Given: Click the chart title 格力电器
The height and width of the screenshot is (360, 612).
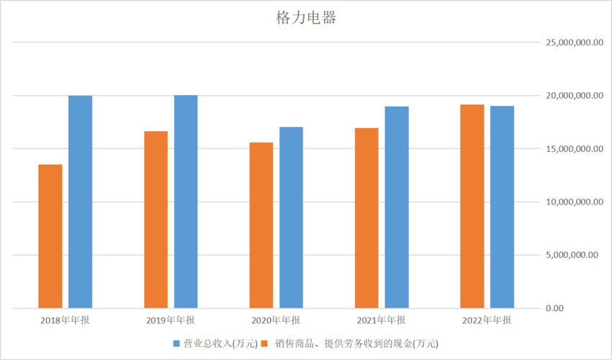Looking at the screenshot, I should pos(306,17).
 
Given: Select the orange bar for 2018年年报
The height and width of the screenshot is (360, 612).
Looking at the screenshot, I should pos(50,236).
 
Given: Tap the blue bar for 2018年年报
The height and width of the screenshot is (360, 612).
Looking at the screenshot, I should pos(80,202).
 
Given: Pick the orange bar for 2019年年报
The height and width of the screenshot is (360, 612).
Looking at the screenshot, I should pos(156,220).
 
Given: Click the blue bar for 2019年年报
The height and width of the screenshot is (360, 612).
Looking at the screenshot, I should pos(186,202).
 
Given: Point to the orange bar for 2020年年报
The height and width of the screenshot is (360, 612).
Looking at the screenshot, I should pos(261,225).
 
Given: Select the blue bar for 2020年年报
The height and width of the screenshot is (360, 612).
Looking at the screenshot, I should pos(291,217).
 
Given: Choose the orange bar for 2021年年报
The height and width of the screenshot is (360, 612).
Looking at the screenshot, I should pos(367,218).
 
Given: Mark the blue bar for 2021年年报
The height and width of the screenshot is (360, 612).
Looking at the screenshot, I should pos(397,207).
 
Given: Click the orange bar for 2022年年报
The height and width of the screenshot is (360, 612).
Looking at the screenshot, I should pos(472,207).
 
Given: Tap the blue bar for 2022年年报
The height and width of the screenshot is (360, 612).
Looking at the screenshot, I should pos(503,207).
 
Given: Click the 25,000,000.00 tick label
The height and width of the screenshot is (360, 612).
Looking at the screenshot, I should pos(574,42).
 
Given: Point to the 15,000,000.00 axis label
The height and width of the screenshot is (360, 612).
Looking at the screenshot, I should pos(574,149).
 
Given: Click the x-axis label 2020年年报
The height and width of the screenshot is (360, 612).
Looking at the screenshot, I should pos(276,320).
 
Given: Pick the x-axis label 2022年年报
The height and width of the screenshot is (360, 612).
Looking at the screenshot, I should pos(487,320).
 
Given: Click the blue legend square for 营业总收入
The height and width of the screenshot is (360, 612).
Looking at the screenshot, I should pos(177,343).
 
